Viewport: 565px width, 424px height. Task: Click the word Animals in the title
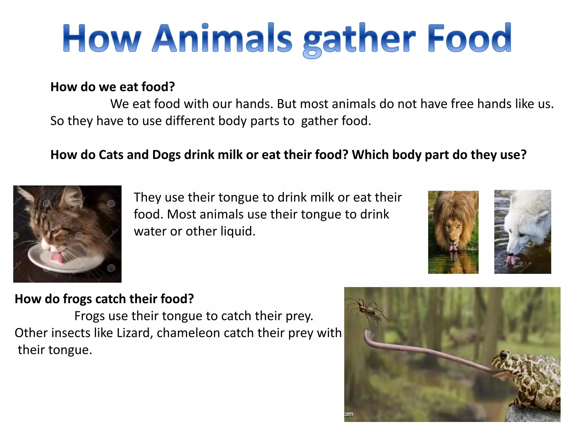222,39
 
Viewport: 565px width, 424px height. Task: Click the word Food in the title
470,39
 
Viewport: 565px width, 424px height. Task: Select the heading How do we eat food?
113,87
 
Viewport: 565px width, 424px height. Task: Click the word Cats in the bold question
111,155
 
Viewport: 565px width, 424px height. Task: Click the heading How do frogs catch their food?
104,299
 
